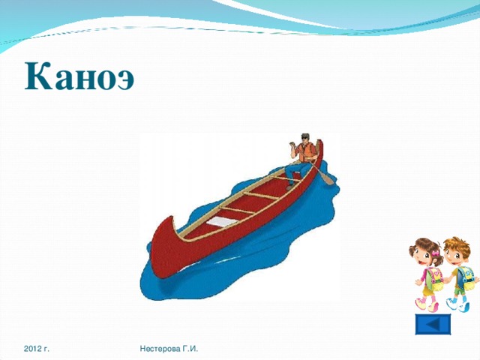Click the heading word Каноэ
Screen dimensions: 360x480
(79, 76)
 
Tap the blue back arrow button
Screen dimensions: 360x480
(433, 325)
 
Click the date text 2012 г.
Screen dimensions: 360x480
(37, 349)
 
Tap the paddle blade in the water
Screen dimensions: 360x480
(329, 181)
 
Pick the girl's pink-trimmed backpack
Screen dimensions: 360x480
(435, 281)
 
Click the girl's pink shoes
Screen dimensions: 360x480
(422, 305)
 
